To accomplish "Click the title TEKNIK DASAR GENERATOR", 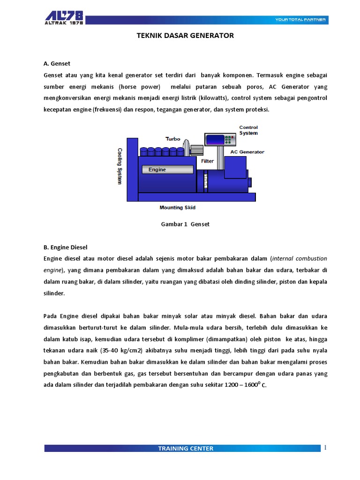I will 185,36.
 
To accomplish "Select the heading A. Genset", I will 57,63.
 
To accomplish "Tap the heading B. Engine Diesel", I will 66,247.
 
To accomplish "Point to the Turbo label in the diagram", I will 172,138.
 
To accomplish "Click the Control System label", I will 248,130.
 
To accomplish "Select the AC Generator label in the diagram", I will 247,152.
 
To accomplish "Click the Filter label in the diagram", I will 207,161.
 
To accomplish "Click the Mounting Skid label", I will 178,207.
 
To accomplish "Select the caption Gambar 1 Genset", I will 185,224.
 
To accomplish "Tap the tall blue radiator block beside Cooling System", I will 132,169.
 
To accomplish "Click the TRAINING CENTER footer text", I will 186,449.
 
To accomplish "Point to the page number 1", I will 325,448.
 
